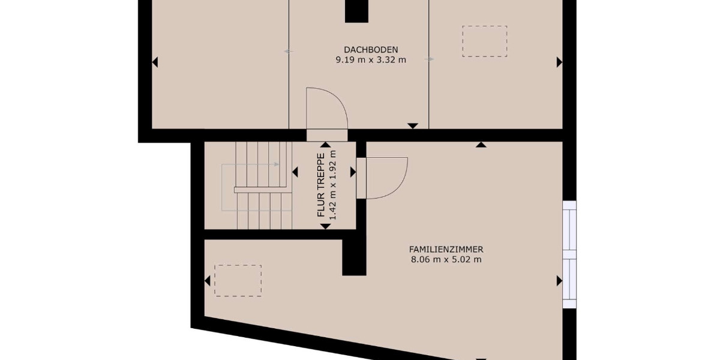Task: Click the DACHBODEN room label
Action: click(x=371, y=49)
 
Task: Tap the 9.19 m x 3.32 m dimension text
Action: click(x=371, y=59)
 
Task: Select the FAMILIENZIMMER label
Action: click(x=446, y=250)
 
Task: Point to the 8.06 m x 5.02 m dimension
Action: click(x=446, y=260)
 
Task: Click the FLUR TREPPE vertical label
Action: click(x=321, y=185)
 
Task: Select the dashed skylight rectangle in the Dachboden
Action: click(x=484, y=41)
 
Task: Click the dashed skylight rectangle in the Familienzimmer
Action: click(x=238, y=280)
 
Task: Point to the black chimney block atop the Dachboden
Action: click(x=356, y=11)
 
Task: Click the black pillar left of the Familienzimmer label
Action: click(x=354, y=255)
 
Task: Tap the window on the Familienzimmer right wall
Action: click(x=569, y=254)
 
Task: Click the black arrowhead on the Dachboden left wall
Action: click(x=155, y=62)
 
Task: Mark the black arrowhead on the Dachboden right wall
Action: click(x=559, y=62)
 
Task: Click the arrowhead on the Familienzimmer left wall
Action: click(x=208, y=280)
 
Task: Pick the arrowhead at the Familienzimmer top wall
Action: click(x=481, y=145)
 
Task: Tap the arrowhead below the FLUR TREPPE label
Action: click(x=325, y=226)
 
